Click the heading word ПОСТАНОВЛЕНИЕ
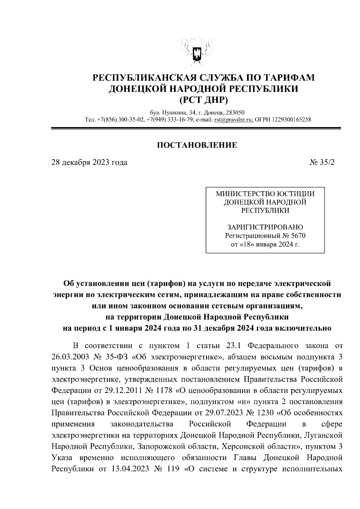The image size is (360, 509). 197,145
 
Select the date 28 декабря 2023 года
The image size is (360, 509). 89,162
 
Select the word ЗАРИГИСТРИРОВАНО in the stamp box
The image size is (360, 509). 265,227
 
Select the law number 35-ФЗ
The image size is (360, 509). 115,357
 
